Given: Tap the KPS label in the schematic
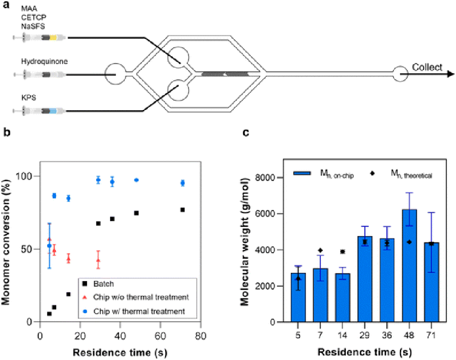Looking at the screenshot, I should point(27,98).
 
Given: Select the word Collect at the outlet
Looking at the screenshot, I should point(427,67).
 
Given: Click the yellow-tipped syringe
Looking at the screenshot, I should point(43,37).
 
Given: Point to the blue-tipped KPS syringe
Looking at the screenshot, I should point(43,111).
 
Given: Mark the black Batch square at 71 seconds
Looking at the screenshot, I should point(182,210).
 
